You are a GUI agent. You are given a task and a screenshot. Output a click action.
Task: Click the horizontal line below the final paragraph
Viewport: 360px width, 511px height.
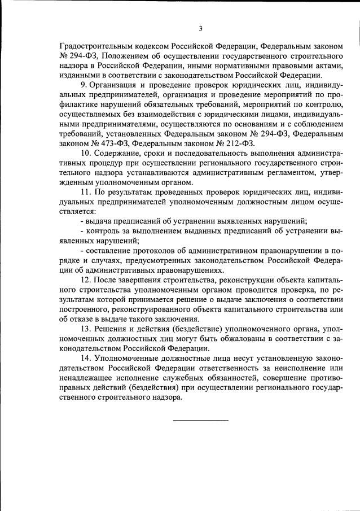click(200, 420)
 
